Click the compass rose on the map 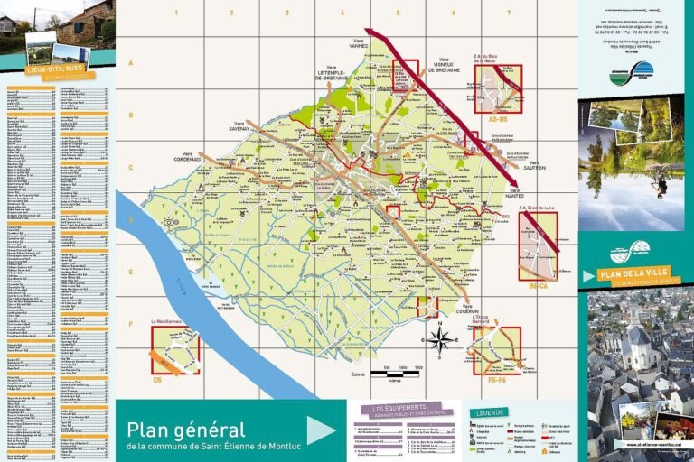click(x=441, y=339)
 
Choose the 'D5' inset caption click(x=157, y=380)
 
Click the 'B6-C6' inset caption click(x=538, y=285)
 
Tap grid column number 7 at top click(x=509, y=14)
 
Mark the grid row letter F click(x=130, y=324)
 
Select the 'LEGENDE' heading click(x=488, y=413)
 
